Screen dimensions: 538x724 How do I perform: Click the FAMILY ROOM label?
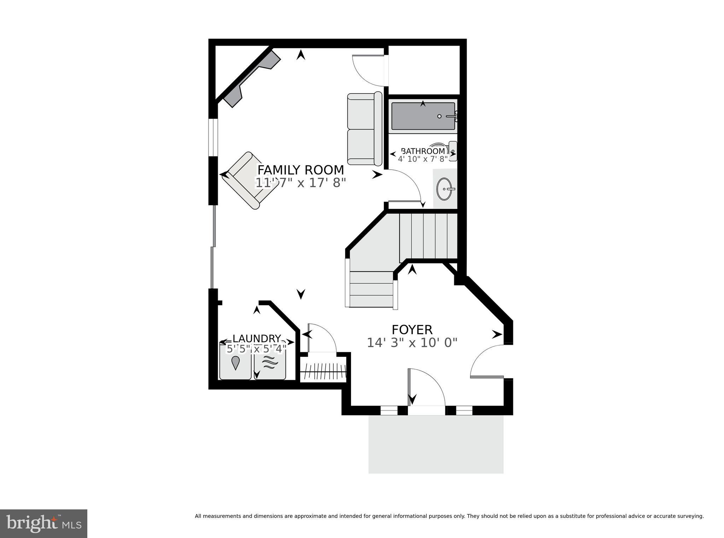tap(300, 170)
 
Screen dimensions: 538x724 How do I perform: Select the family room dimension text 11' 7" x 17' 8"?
tap(300, 183)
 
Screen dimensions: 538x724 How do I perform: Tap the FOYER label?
tap(412, 330)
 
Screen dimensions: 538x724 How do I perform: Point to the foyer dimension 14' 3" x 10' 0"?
tap(412, 343)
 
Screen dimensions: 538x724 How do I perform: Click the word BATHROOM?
tap(423, 151)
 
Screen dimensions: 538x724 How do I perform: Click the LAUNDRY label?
tap(257, 339)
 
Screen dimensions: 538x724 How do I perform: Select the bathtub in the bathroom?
tap(423, 116)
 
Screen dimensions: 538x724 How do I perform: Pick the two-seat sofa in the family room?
tap(364, 129)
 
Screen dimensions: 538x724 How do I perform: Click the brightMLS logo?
tap(43, 524)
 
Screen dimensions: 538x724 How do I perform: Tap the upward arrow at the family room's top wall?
tap(301, 54)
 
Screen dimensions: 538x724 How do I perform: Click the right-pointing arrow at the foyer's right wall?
tap(497, 334)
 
